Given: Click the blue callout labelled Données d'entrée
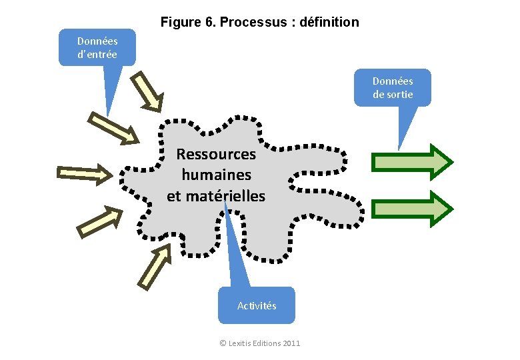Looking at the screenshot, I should pyautogui.click(x=97, y=47).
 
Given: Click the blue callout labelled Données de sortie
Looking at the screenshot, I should pyautogui.click(x=392, y=87).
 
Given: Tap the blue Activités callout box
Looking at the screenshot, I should pyautogui.click(x=257, y=305).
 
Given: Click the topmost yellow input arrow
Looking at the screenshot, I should pyautogui.click(x=146, y=91).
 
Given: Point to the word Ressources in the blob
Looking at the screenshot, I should pyautogui.click(x=216, y=154).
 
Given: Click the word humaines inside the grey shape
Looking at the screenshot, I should pyautogui.click(x=216, y=175).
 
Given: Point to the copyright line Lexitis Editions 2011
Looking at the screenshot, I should pyautogui.click(x=260, y=343).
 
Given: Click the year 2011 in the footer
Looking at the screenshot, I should pyautogui.click(x=291, y=343).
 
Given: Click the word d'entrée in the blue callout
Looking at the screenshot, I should pyautogui.click(x=97, y=55).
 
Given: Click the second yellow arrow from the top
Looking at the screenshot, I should pyautogui.click(x=114, y=128).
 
